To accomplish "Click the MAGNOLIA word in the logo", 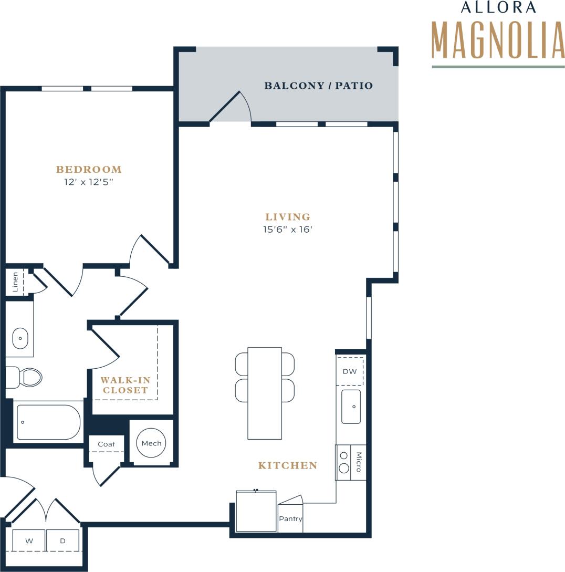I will (498, 40).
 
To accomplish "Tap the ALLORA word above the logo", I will (491, 7).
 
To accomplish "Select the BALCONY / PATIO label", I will (318, 86).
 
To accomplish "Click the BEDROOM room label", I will (89, 169).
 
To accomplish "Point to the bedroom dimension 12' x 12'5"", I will (89, 182).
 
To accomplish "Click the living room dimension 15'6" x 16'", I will (288, 229).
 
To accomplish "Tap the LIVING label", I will (288, 216).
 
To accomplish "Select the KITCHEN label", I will (288, 465).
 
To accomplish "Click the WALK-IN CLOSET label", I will (125, 385).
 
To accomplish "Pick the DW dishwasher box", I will (350, 371).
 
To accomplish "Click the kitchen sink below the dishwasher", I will (351, 407).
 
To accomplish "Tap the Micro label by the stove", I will (359, 462).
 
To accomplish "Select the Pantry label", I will (290, 519).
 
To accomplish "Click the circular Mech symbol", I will (151, 443).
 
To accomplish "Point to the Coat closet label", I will (106, 444).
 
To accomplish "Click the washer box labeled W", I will (29, 540).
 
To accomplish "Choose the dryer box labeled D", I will (62, 540).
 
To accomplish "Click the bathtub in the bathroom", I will (48, 422).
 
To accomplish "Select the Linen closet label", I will (15, 282).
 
